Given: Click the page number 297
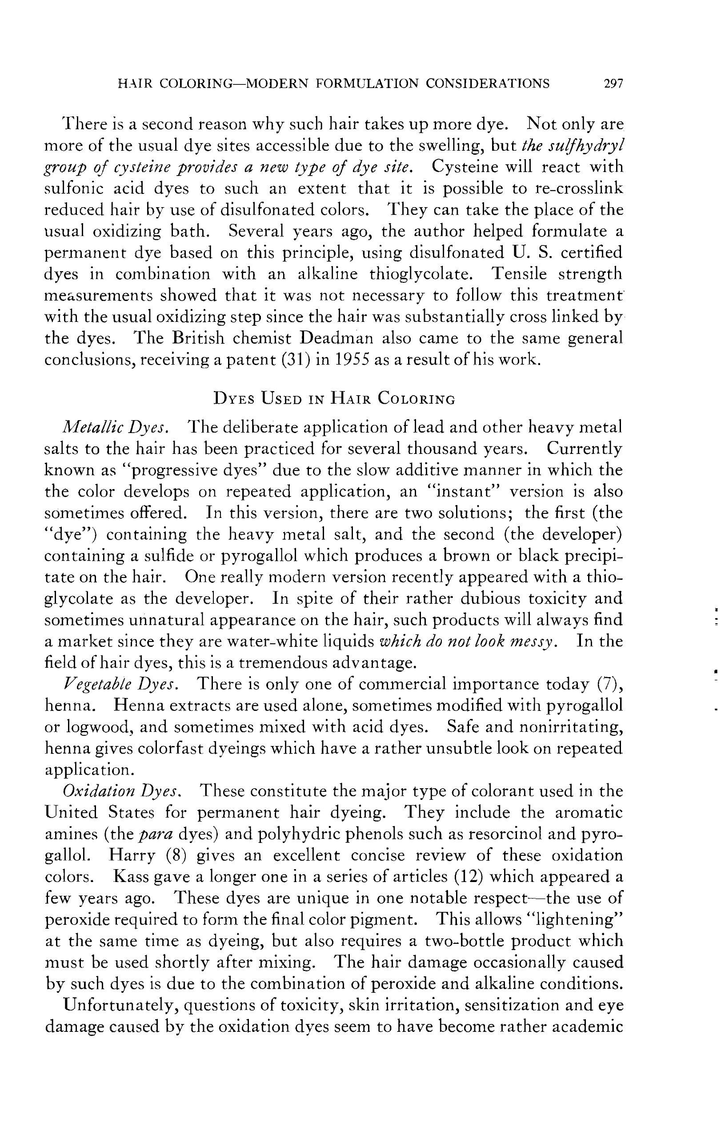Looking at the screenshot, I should tap(613, 84).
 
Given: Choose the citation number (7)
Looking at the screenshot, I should tap(609, 684).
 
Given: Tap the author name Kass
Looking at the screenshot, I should tap(130, 876).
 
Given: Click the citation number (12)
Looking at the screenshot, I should tap(470, 876).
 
